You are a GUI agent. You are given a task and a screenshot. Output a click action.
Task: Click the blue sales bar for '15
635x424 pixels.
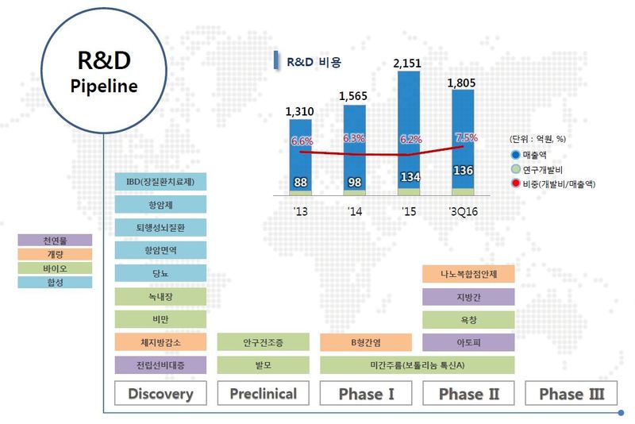tap(409, 129)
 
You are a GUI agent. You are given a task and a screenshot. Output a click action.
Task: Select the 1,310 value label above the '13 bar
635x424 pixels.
tap(300, 111)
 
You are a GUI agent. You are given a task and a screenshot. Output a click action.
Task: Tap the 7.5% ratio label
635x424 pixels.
tap(467, 137)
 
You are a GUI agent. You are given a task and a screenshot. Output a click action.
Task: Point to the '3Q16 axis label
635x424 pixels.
tap(464, 211)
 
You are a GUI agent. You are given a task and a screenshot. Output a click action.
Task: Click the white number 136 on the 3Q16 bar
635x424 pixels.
tap(463, 171)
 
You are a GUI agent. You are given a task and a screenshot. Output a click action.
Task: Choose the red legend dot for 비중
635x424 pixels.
tap(515, 183)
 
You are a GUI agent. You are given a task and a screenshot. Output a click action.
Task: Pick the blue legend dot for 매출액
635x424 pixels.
tap(515, 155)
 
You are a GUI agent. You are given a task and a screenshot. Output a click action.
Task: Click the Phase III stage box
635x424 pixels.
tap(571, 393)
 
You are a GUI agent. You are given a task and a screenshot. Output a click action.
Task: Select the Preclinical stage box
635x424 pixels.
tap(264, 393)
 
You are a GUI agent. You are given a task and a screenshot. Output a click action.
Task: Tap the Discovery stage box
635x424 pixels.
tap(160, 393)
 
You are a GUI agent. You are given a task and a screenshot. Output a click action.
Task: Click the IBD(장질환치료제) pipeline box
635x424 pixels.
tap(160, 182)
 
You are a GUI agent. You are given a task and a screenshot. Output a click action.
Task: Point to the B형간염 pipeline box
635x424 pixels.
tap(366, 342)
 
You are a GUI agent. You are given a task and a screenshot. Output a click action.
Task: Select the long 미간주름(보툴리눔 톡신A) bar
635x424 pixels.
tap(418, 365)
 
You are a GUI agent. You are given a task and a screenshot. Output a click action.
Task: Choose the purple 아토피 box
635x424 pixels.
tap(468, 342)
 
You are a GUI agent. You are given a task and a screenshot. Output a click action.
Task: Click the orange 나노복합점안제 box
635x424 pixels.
tap(468, 274)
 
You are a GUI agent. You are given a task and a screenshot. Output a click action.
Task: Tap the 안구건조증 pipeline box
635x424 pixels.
tap(264, 342)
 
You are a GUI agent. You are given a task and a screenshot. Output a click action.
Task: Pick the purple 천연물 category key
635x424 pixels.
tap(55, 241)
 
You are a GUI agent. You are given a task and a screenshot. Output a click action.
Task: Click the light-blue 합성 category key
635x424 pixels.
tap(55, 282)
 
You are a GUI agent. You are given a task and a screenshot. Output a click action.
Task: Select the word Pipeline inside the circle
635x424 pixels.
tap(104, 87)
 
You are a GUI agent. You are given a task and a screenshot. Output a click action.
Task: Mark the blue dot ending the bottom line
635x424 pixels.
tap(621, 413)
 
